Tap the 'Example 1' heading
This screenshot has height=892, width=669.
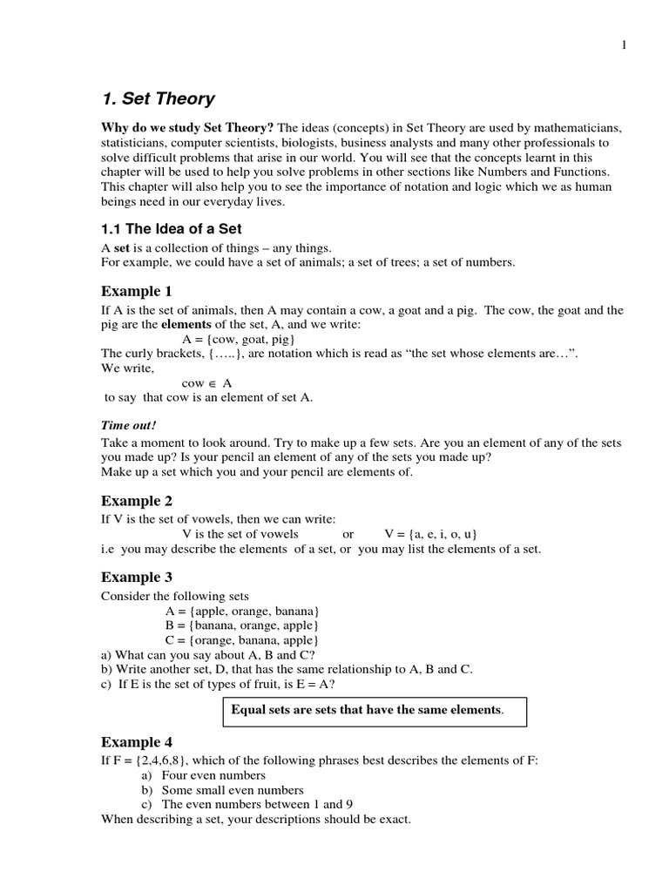[137, 291]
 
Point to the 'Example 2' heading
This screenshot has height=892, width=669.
[137, 501]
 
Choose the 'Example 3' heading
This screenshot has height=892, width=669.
[137, 577]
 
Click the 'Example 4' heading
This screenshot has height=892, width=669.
[137, 742]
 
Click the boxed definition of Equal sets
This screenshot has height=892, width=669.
[367, 710]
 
